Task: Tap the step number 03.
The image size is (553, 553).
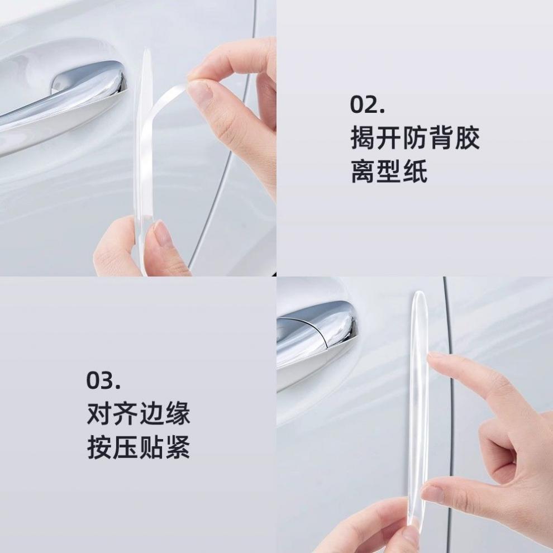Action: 103,381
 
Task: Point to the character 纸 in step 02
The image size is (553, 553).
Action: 415,171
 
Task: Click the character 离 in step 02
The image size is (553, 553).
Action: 363,171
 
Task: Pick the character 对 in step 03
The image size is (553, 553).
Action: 99,414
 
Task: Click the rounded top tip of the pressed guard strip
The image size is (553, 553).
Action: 418,296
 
